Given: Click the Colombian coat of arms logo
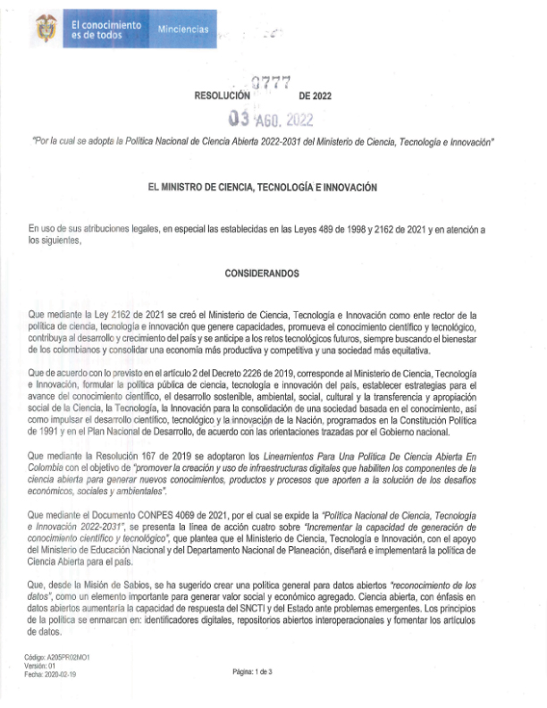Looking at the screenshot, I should [46, 30].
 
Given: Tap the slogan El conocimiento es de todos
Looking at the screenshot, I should [105, 29].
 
